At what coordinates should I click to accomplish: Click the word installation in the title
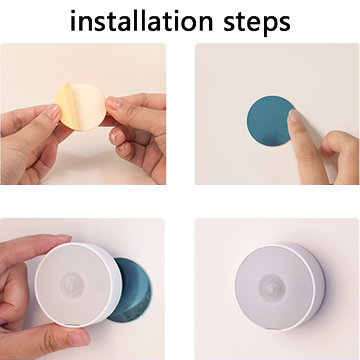coord(142,21)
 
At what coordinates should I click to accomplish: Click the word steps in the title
coord(257,23)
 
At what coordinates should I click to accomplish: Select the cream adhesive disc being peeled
coord(88,107)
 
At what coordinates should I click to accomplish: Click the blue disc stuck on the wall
coord(269,121)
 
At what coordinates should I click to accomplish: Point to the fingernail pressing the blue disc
coord(292,115)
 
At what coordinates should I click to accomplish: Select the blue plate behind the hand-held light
coord(131,290)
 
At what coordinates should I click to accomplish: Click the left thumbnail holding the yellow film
coord(54,111)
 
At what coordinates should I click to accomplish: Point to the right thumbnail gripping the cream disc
coord(114,102)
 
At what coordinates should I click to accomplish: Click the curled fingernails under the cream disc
coord(119,140)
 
